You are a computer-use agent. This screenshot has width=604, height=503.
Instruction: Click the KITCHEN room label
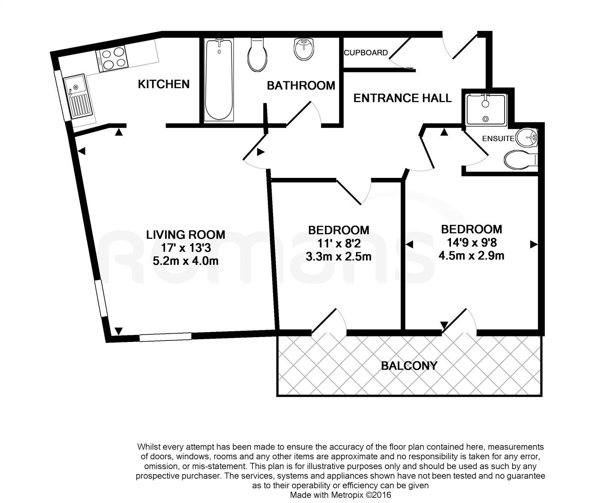(x=163, y=84)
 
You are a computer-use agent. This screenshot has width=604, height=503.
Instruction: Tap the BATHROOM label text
(x=301, y=85)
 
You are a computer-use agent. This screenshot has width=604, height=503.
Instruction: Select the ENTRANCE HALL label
(x=402, y=98)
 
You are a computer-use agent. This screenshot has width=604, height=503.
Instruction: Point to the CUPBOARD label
(x=366, y=53)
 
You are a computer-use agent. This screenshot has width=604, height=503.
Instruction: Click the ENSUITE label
(x=498, y=138)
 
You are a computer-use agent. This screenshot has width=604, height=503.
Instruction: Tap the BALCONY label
(x=409, y=366)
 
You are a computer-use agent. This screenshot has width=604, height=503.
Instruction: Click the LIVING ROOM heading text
(x=186, y=234)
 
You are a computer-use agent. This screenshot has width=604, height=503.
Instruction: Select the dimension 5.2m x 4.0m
(x=186, y=261)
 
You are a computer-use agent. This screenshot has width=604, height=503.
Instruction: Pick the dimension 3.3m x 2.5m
(x=338, y=256)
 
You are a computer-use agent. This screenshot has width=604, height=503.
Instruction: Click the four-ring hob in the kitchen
(x=112, y=59)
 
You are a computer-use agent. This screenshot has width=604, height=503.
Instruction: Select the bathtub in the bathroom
(x=219, y=79)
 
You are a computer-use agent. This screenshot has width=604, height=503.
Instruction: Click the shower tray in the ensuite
(x=485, y=109)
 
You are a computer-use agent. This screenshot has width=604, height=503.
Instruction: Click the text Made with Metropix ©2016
(x=340, y=495)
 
